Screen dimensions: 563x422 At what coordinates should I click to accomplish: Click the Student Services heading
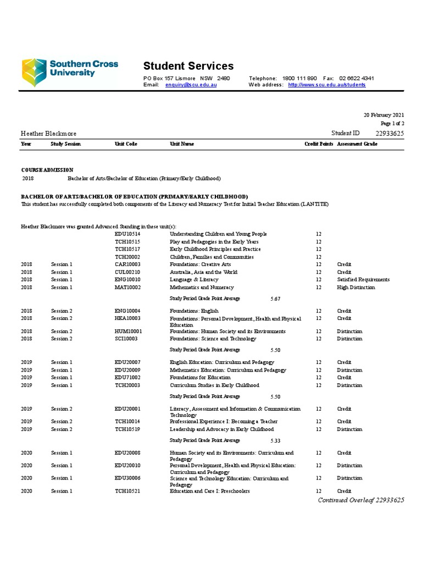tap(188, 66)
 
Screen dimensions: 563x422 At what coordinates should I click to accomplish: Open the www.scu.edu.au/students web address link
tap(326, 85)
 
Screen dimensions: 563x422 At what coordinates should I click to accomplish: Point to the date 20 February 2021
tap(384, 115)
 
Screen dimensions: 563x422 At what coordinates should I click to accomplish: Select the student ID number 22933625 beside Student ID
tap(390, 134)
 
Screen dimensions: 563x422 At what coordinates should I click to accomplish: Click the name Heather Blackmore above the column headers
tap(48, 134)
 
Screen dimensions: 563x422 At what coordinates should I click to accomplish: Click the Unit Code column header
tap(126, 144)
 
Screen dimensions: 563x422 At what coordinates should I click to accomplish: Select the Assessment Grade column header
tap(357, 144)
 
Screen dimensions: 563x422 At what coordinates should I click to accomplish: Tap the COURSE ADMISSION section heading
tap(47, 170)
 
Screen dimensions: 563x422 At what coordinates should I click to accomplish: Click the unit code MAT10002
tap(127, 287)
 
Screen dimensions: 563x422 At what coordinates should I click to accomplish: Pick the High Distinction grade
tap(356, 287)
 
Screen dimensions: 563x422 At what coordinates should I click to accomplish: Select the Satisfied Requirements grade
tap(363, 279)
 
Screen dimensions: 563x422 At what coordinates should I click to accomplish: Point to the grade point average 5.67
tap(275, 299)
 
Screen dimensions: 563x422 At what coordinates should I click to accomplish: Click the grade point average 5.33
tap(275, 440)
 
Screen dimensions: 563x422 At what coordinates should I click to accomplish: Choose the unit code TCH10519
tap(127, 429)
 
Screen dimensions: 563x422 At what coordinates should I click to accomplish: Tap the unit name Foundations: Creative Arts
tap(200, 264)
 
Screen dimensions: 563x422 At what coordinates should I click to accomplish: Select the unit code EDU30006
tap(127, 478)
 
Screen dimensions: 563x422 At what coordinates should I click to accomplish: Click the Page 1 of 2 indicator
tap(392, 124)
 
